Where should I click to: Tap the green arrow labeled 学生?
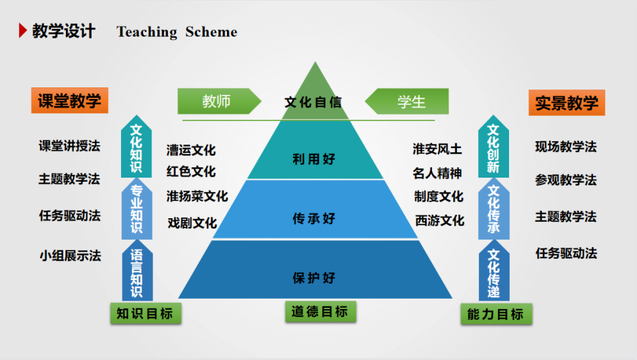coord(409,102)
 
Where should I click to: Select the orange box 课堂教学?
coord(69,100)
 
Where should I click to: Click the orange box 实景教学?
coord(566,103)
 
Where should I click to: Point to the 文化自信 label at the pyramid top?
coord(313,103)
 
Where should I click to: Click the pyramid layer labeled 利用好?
coord(314,159)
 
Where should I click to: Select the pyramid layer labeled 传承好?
coord(314,218)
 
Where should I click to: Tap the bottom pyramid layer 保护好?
coord(314,277)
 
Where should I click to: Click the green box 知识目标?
coord(144,314)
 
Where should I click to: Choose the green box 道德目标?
coord(319,311)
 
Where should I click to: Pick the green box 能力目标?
coord(495,315)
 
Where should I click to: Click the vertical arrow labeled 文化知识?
coord(136,147)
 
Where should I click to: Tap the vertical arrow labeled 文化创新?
coord(493,147)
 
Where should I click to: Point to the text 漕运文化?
coord(191,150)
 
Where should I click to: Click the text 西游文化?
coord(440,221)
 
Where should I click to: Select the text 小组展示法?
coord(69,255)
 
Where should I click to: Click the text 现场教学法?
coord(565,147)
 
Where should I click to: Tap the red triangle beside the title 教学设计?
coord(23,31)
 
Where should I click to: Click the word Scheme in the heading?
coord(211,32)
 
